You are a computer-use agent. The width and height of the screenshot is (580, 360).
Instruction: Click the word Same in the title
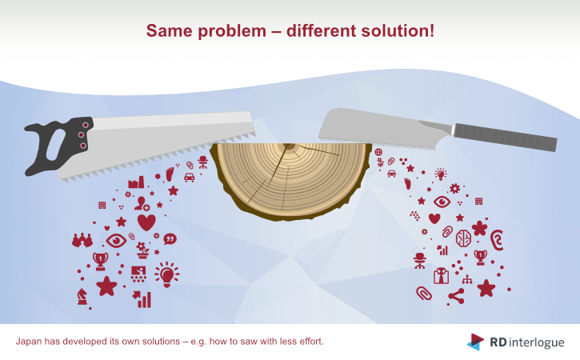170,30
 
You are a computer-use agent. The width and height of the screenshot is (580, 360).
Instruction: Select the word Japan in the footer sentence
29,342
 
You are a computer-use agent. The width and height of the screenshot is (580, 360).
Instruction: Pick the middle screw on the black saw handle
81,135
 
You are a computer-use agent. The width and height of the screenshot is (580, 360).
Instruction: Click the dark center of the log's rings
288,147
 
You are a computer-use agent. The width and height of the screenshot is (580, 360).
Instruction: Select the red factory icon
136,182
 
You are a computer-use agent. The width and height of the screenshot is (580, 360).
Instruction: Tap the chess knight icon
82,297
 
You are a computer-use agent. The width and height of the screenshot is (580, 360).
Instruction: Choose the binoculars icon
82,241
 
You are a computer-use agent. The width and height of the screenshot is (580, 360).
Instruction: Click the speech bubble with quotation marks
170,239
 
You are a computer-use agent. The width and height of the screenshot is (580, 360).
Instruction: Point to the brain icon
463,238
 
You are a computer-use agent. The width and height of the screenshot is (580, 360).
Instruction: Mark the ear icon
497,240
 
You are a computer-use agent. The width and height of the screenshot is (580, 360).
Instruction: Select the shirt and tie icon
441,276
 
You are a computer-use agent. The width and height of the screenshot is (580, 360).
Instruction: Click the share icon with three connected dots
457,296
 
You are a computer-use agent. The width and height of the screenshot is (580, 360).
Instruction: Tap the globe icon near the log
378,152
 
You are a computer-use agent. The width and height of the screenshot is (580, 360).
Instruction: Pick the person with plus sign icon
142,204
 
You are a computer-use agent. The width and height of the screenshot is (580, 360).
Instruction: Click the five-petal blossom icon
479,228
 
